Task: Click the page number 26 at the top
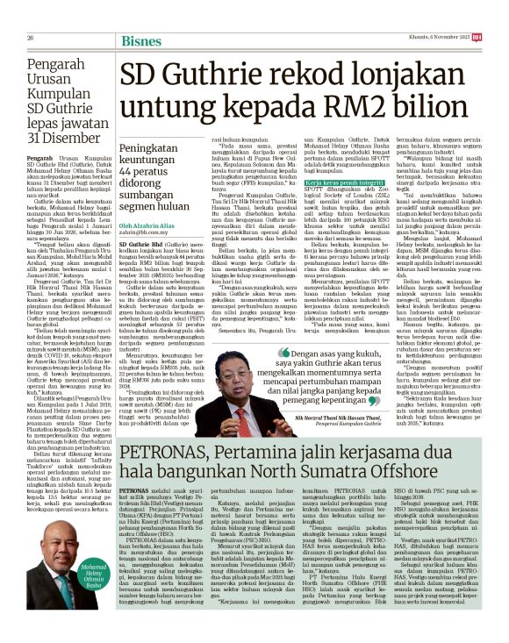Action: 30,13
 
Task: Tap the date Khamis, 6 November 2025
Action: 462,13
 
